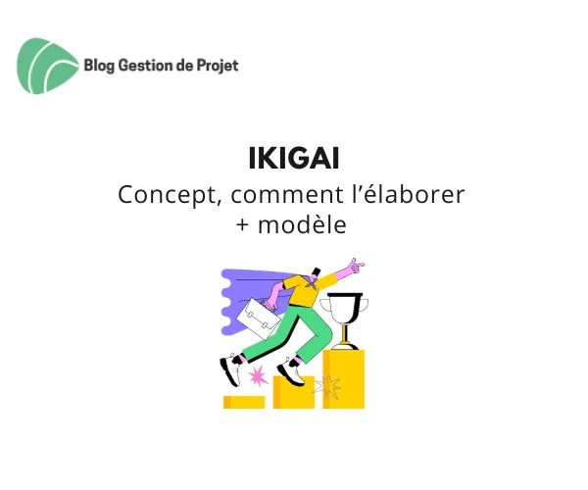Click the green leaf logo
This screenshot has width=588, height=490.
click(x=48, y=66)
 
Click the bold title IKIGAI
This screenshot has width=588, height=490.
click(x=294, y=159)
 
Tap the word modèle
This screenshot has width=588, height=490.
click(x=302, y=224)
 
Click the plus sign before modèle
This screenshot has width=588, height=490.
click(x=243, y=225)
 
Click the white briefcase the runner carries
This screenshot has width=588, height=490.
click(x=259, y=318)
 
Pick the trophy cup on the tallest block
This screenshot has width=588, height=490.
click(x=344, y=320)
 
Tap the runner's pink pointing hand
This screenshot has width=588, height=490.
click(x=355, y=267)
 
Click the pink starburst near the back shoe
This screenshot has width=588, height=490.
click(x=257, y=376)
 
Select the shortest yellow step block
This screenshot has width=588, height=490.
click(x=244, y=402)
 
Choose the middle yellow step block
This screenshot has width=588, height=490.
click(x=294, y=392)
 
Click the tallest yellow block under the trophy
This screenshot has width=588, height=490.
click(x=344, y=379)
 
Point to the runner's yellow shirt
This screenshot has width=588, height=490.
click(x=302, y=290)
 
